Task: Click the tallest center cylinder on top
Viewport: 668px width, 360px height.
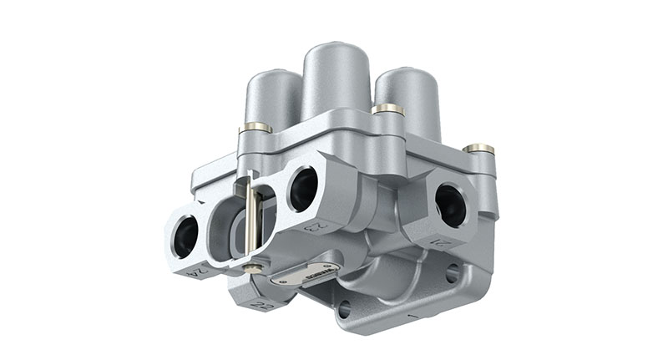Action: click(x=336, y=79)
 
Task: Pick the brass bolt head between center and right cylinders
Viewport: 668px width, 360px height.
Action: click(x=387, y=109)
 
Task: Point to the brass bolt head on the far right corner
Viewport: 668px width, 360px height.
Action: click(x=478, y=150)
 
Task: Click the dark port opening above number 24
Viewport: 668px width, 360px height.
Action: click(x=185, y=236)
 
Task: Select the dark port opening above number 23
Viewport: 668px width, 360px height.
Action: click(x=303, y=190)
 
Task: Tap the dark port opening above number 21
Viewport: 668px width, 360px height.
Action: click(x=451, y=205)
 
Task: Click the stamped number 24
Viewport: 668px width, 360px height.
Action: click(x=197, y=271)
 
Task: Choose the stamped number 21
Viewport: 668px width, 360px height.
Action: click(x=440, y=243)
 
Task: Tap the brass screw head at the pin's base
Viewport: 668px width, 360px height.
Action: click(x=249, y=267)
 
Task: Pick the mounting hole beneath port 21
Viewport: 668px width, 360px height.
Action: click(x=453, y=272)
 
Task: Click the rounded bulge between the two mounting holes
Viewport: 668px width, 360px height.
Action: click(x=392, y=288)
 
